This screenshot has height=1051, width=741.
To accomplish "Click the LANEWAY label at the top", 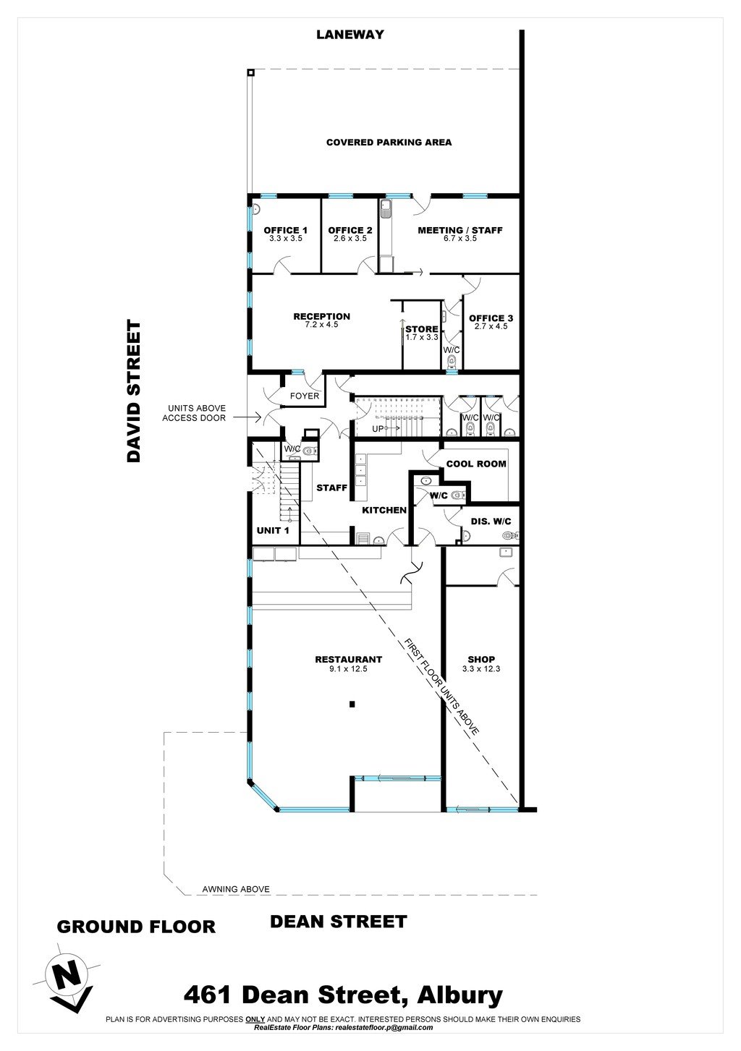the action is tap(350, 34).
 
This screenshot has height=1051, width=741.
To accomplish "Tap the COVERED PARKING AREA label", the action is tap(389, 142).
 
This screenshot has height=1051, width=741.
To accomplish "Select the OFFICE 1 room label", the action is tap(285, 230).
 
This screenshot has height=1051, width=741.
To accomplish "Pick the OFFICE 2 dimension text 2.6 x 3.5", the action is tap(350, 239).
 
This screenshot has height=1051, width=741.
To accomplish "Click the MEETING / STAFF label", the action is tap(460, 230).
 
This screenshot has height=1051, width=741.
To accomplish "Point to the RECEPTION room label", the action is tap(322, 316).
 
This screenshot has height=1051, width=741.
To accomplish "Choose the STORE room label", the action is tap(422, 329).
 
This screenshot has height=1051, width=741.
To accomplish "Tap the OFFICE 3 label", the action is tap(491, 318).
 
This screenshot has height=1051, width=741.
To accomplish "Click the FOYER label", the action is tap(305, 396).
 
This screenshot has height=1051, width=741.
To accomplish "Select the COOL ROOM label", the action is tap(476, 464).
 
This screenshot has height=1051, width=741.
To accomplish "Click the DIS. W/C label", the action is tap(491, 522).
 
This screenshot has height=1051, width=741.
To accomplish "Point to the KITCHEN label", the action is tap(384, 510).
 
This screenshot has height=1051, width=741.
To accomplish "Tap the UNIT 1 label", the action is tap(273, 531).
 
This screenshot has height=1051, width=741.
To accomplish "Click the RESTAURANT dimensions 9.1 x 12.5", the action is tap(348, 669).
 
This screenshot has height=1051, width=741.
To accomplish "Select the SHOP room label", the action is tap(481, 659).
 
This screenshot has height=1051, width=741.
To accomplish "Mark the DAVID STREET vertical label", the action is tap(134, 391).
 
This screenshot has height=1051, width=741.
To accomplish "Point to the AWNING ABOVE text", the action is tap(236, 889).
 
